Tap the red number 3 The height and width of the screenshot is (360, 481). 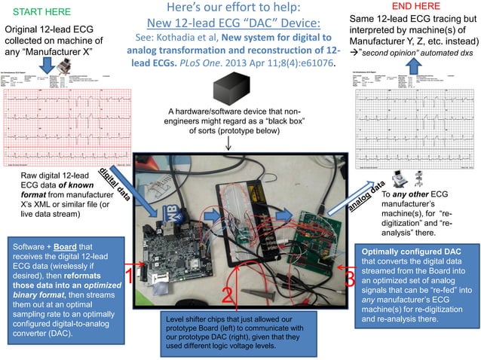click(x=348, y=279)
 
